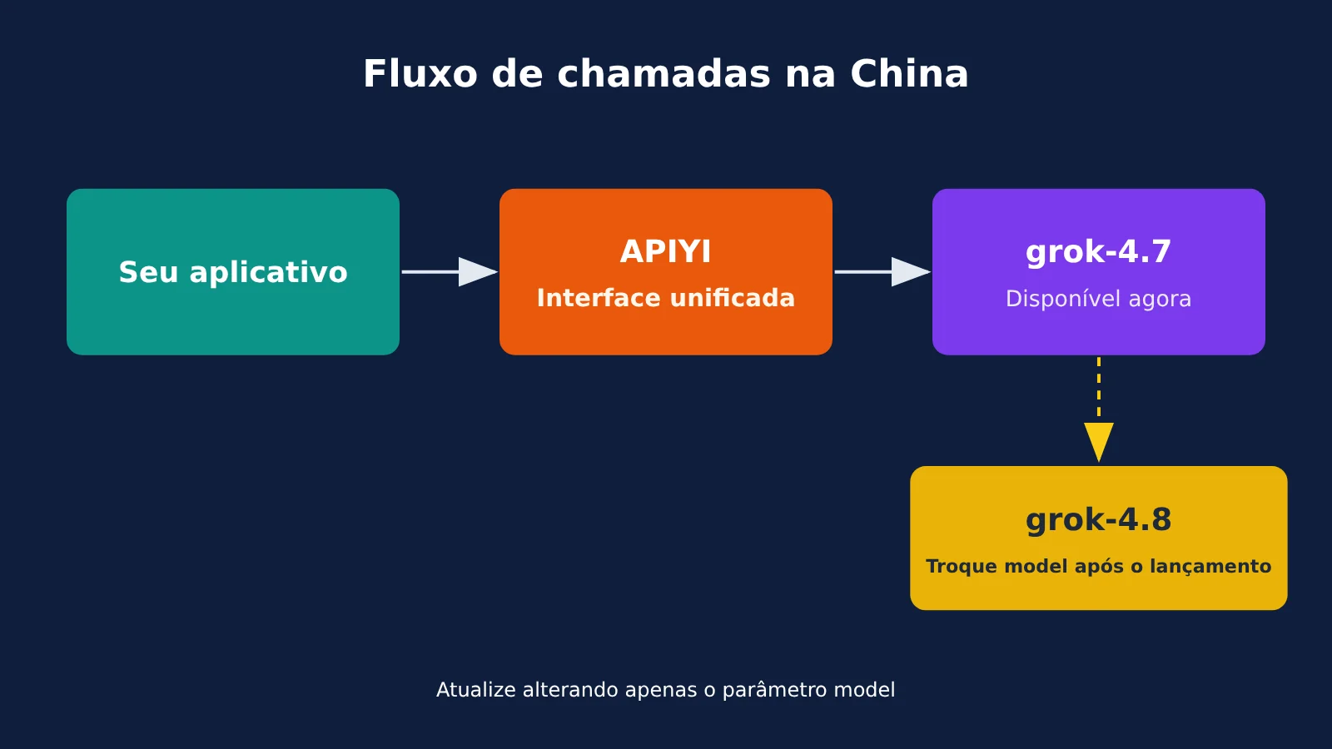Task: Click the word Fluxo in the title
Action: [x=420, y=74]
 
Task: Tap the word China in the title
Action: [x=909, y=74]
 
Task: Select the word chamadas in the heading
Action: [x=664, y=74]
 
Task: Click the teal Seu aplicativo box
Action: [x=233, y=271]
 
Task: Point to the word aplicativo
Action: [x=268, y=272]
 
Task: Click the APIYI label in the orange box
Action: [x=665, y=251]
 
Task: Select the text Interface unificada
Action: [x=665, y=298]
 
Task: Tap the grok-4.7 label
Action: [x=1098, y=252]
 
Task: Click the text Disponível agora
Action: [x=1098, y=299]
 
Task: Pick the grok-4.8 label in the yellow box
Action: [x=1098, y=520]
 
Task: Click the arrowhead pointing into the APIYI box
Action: [x=478, y=271]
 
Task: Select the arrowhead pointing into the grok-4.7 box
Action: [x=911, y=271]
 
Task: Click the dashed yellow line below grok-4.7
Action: [x=1098, y=389]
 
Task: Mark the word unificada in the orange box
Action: [x=733, y=298]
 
